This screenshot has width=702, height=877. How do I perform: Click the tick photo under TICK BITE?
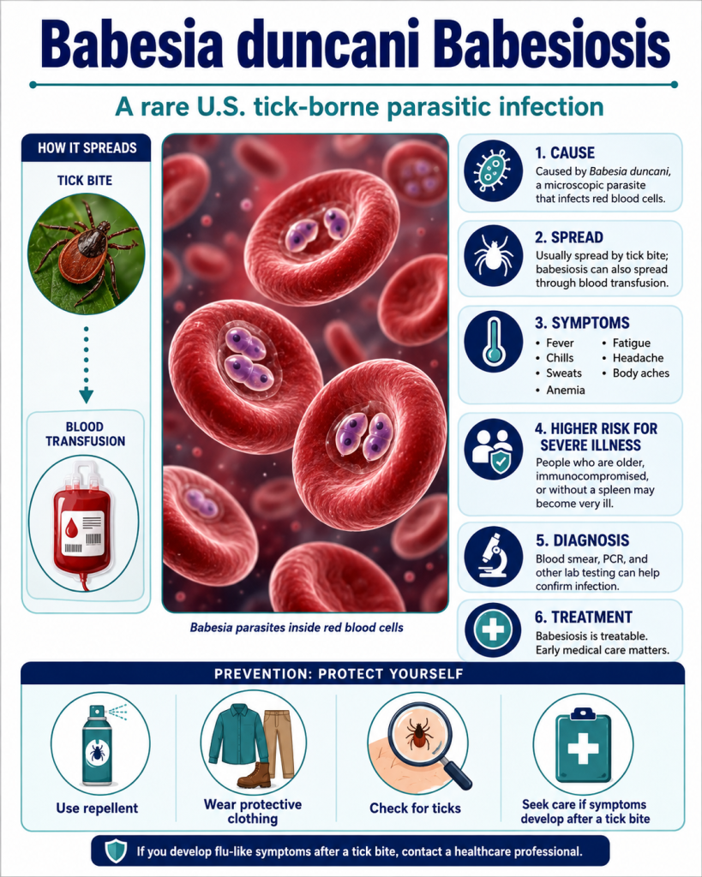point(87,254)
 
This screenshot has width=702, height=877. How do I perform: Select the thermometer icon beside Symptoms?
point(493,341)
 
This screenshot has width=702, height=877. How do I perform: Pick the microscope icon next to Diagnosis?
point(493,556)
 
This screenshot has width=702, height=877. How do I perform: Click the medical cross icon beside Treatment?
point(493,629)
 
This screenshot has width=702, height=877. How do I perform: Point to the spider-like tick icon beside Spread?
point(493,255)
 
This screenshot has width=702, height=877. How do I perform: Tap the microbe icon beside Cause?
point(493,170)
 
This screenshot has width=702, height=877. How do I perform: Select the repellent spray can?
point(98,745)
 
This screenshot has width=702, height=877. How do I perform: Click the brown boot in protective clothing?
point(254,775)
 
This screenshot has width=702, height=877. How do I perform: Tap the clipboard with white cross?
point(583,746)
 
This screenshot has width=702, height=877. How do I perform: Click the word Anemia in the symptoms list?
point(566,390)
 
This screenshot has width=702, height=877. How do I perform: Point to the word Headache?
point(638,358)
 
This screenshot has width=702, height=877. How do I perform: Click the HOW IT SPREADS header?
point(87,148)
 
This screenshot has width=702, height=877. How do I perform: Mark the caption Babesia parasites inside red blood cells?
point(297,628)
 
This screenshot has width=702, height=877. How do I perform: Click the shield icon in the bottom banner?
point(117,851)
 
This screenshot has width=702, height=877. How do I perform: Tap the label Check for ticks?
point(415,808)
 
